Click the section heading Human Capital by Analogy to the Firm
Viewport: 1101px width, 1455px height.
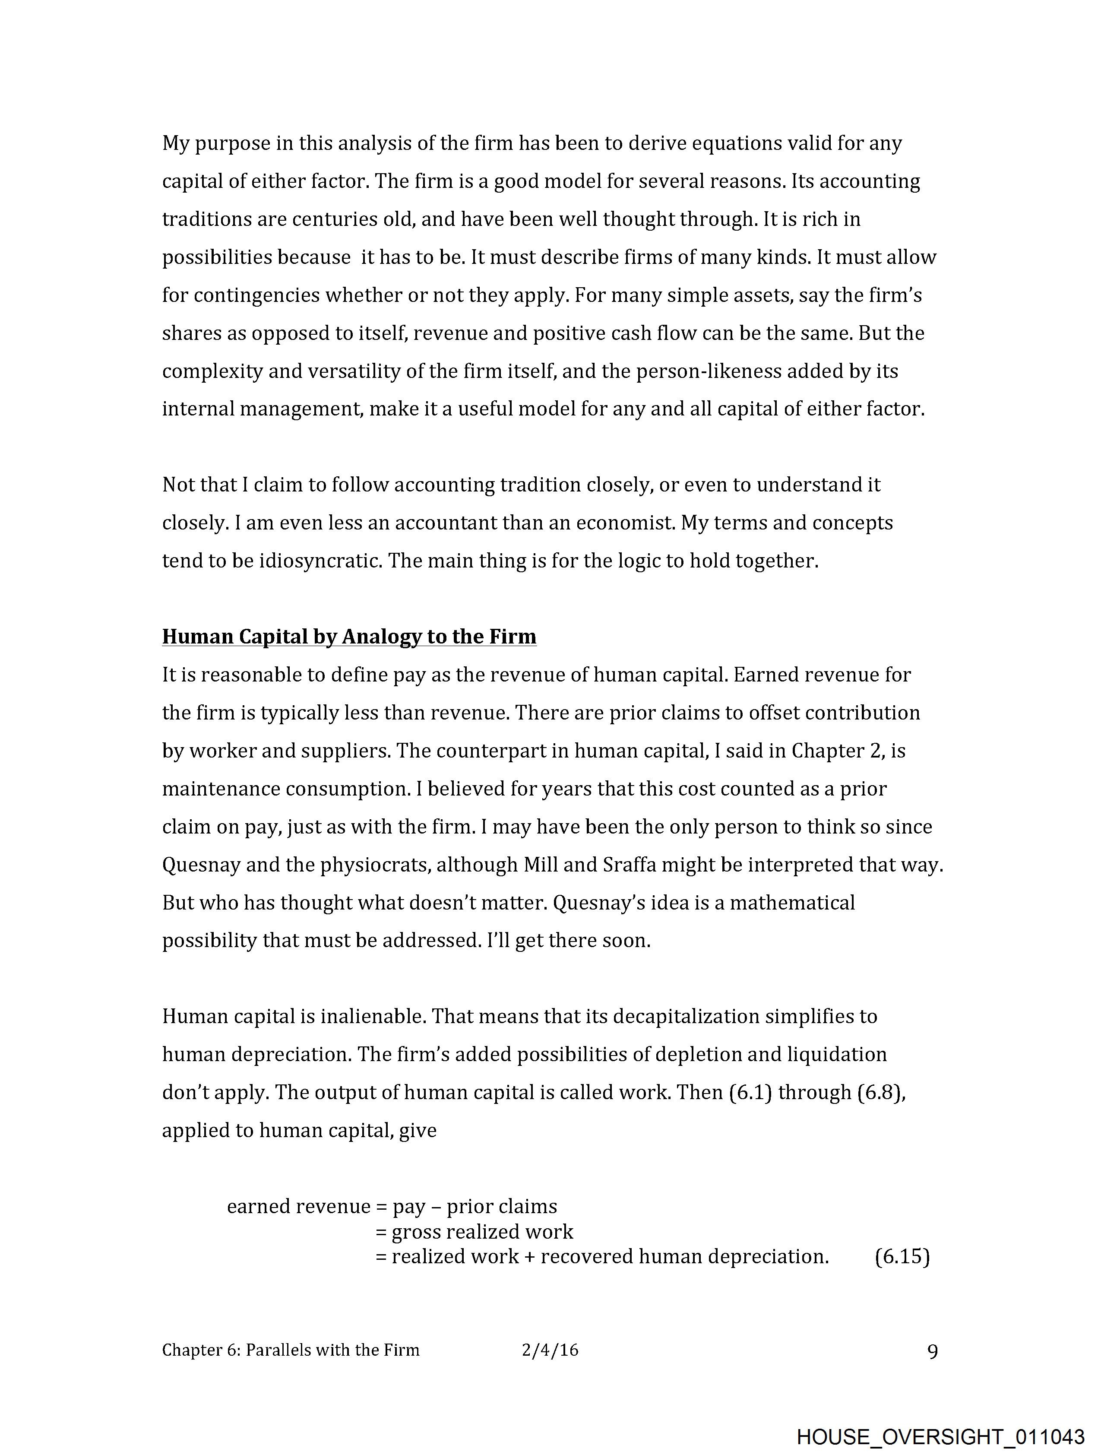point(349,637)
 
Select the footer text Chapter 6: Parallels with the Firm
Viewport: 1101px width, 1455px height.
point(291,1350)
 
